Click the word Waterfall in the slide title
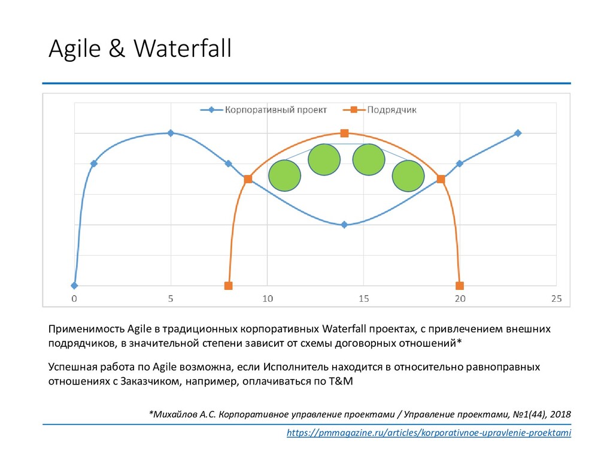tap(183, 49)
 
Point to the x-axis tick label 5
tap(171, 298)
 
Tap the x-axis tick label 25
tap(556, 298)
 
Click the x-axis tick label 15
tap(363, 298)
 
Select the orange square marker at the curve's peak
tap(344, 133)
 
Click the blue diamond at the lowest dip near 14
tap(344, 225)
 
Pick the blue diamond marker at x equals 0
tap(74, 286)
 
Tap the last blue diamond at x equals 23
tap(518, 133)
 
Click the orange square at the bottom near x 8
tap(228, 286)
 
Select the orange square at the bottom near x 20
tap(460, 286)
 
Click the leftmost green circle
tap(284, 176)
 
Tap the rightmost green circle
tap(408, 176)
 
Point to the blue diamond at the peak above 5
tap(171, 133)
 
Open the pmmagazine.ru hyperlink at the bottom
tap(429, 433)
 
